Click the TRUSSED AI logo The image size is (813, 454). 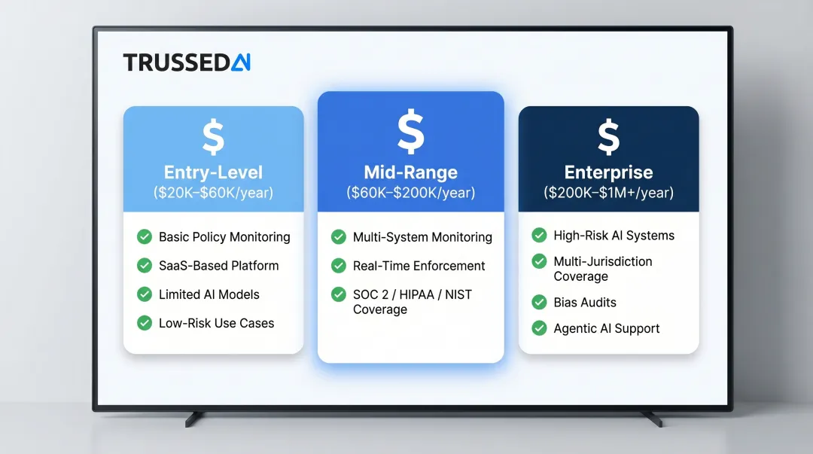point(186,62)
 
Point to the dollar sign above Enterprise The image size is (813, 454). point(608,138)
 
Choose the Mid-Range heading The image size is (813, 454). point(410,172)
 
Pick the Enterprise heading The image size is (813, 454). point(608,172)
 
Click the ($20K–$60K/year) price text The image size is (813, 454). point(213,193)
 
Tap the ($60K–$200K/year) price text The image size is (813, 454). point(410,193)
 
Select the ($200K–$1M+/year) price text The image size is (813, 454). point(608,193)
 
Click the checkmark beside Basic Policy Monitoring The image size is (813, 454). point(145,237)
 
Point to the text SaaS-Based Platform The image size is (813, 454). point(218,266)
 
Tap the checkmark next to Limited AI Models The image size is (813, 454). point(145,294)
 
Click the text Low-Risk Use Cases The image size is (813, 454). point(216,323)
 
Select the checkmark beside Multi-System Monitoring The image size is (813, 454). point(339,237)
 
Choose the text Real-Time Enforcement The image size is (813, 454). point(419,266)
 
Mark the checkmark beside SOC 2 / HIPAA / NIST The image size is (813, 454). point(339,294)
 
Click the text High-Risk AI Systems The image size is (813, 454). point(614,236)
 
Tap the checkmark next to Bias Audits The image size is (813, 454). point(539,303)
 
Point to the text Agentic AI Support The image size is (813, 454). point(606,329)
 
